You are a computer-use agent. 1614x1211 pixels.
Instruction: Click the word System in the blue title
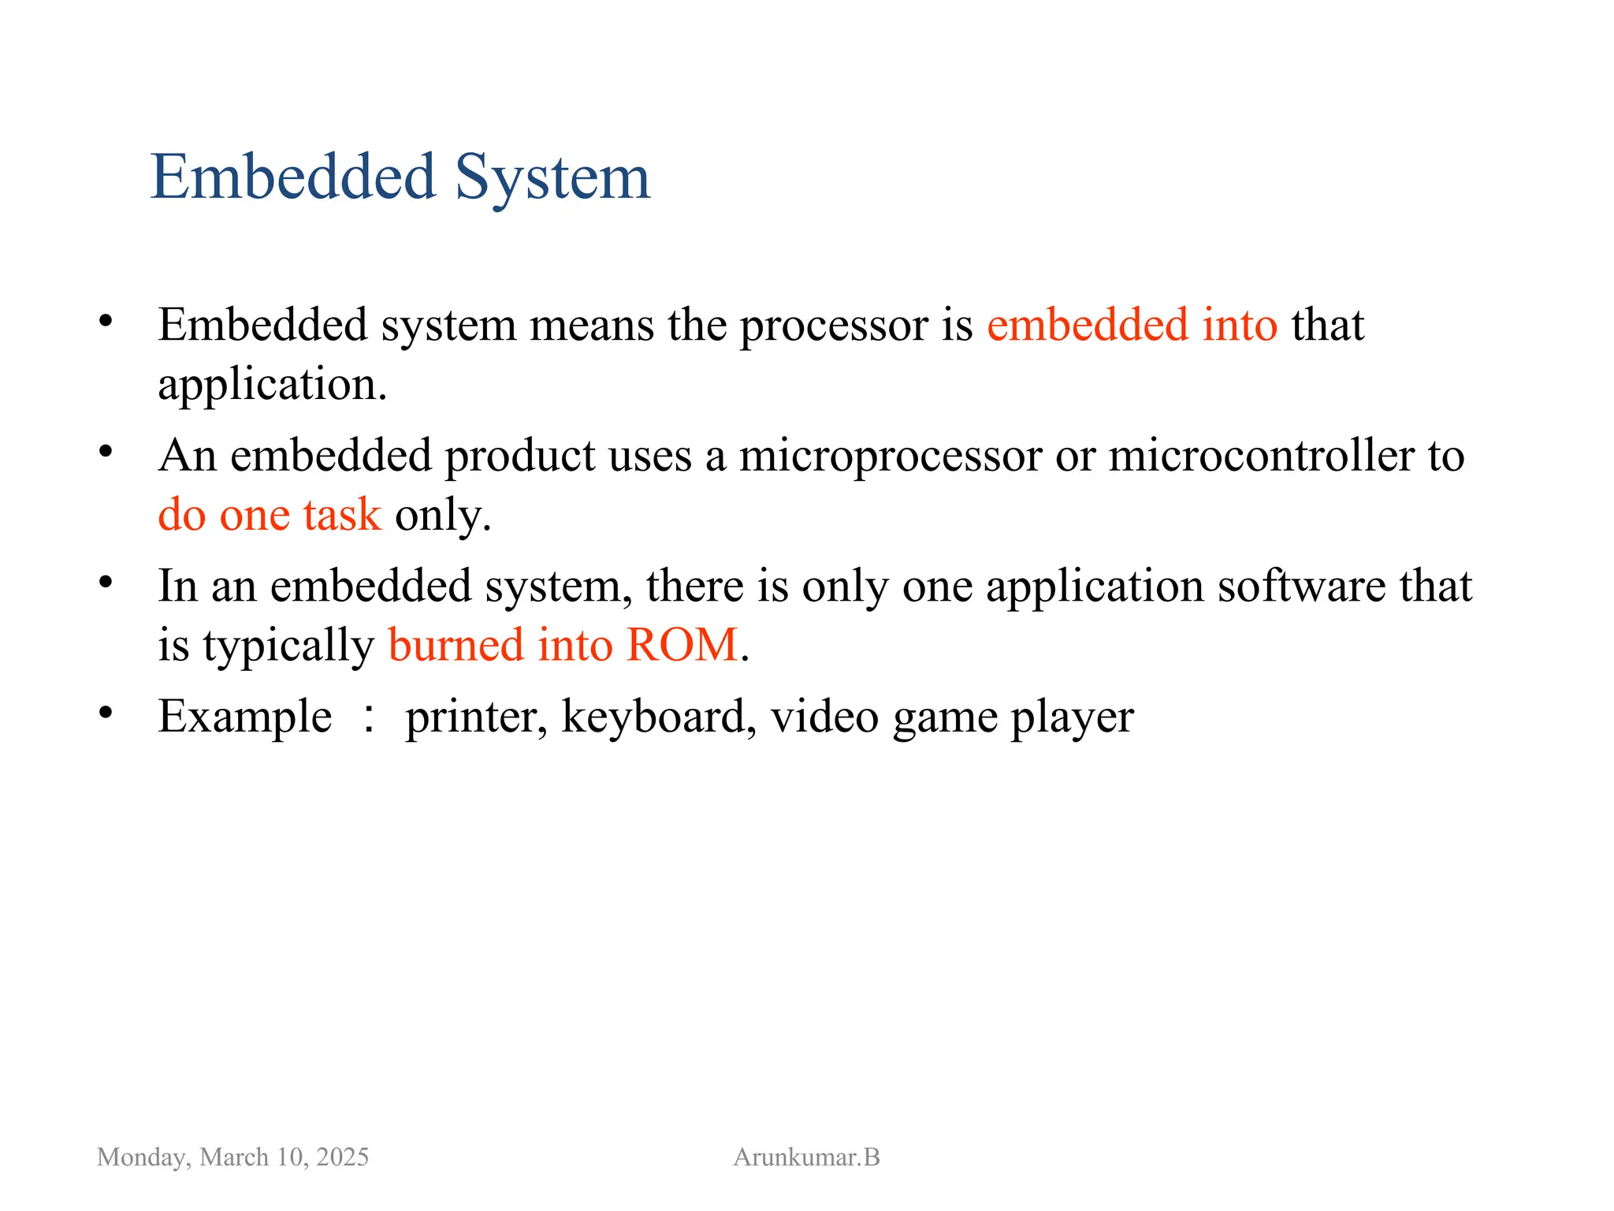(552, 178)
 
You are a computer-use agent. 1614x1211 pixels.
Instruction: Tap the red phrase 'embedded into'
(1132, 325)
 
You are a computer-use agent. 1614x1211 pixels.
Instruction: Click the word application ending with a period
(272, 386)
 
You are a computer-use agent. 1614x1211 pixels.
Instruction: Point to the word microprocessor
(891, 456)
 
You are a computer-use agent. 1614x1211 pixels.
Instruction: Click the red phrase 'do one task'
(270, 516)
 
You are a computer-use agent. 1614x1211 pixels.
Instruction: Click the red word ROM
(682, 646)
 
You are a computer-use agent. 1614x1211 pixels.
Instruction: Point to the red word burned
(456, 646)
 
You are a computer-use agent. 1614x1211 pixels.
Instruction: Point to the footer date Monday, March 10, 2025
(232, 1157)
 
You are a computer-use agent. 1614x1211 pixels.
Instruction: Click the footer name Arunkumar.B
(806, 1157)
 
